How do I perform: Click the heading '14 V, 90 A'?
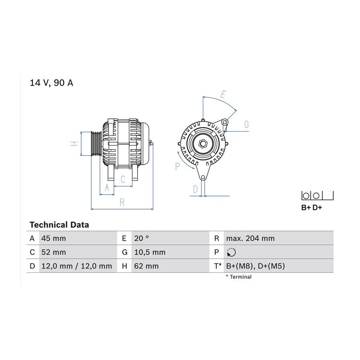click(52, 83)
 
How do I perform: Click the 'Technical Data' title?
click(59, 225)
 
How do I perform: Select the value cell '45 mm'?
click(78, 238)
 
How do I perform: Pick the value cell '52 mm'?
click(78, 252)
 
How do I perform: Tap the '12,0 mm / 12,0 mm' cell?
click(78, 266)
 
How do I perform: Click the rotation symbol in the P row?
click(231, 252)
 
